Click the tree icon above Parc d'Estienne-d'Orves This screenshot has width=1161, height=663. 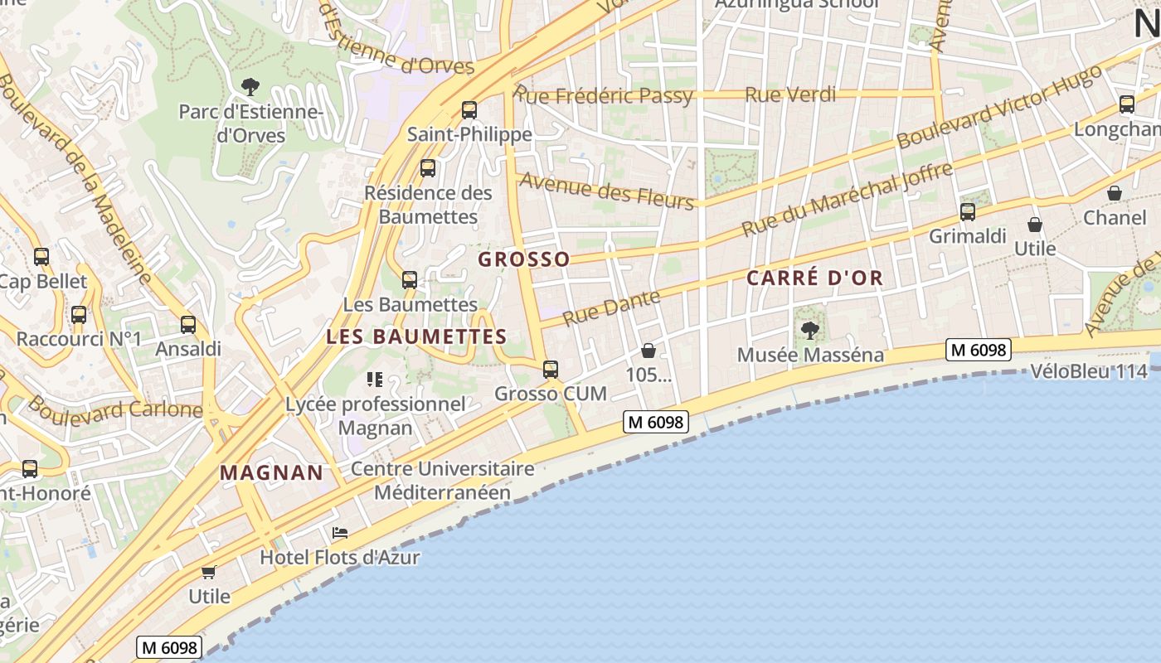250,86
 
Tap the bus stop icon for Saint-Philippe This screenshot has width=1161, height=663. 469,109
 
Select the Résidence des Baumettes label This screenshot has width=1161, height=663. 428,205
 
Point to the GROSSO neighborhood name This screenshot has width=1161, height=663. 524,259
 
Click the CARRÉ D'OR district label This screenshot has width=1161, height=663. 815,278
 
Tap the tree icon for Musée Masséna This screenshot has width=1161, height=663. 810,331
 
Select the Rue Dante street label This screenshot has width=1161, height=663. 611,307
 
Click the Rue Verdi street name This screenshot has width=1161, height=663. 790,94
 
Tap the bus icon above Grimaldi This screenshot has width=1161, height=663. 968,211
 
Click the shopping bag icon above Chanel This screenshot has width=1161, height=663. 1115,193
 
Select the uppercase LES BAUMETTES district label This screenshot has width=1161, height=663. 416,336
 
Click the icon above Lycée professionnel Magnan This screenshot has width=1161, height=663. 374,380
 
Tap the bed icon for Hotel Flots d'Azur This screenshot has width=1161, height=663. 339,533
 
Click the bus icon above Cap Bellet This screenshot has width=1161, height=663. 41,257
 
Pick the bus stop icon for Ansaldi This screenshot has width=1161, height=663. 188,324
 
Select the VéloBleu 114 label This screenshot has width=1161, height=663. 1088,371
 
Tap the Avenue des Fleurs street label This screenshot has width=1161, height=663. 606,191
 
